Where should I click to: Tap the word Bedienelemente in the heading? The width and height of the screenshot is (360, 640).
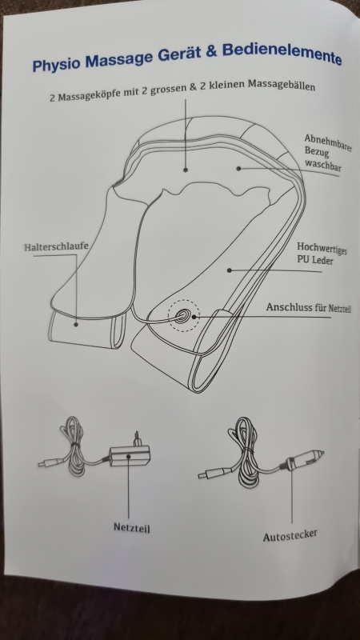point(282,53)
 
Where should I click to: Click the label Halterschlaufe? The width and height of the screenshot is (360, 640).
point(56,246)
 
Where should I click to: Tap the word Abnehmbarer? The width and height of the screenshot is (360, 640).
point(328,142)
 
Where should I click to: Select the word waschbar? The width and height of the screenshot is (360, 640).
point(322,166)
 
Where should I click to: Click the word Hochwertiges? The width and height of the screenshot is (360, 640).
point(322,248)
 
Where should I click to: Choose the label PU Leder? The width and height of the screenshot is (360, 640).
point(314,260)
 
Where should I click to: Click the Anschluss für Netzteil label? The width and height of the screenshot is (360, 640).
point(309,308)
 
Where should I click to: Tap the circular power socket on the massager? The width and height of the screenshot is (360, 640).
point(183,315)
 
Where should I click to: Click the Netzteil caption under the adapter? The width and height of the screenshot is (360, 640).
point(131,527)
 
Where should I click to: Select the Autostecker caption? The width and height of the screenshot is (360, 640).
point(290,535)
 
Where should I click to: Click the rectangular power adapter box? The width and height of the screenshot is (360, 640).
point(130,455)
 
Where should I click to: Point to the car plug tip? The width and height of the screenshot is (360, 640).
point(322,453)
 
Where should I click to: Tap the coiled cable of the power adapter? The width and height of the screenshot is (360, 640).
point(74,446)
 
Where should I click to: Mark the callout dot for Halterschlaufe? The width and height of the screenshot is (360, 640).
point(76,325)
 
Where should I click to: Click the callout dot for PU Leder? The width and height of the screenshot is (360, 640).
point(230,270)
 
